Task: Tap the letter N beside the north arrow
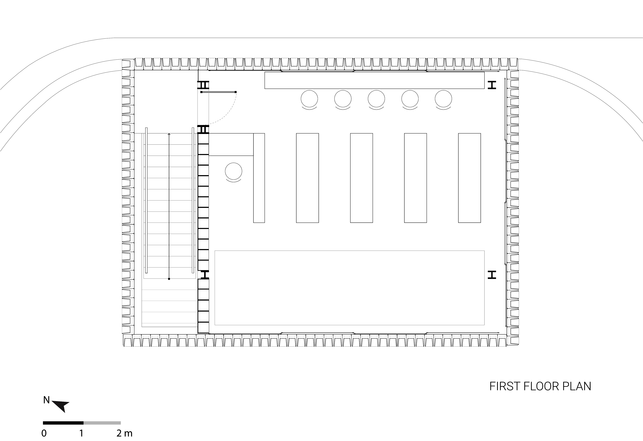tap(46, 400)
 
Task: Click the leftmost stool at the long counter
tap(309, 99)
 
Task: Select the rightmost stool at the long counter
tap(443, 99)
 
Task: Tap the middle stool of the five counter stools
tap(376, 99)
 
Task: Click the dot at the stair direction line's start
tap(169, 279)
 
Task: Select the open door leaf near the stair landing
tap(219, 92)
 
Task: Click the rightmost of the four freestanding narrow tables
tap(469, 178)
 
